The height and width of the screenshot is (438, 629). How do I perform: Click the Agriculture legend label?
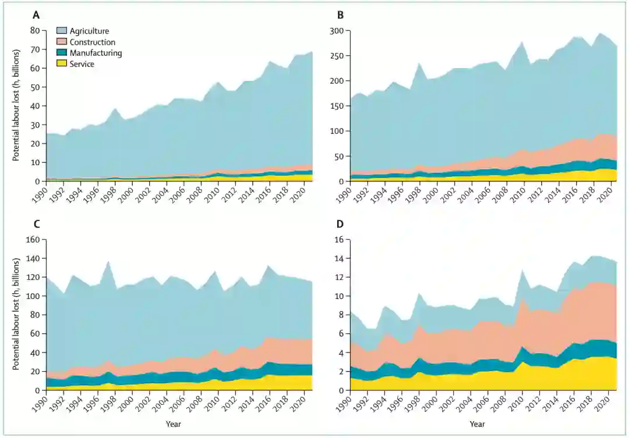click(89, 31)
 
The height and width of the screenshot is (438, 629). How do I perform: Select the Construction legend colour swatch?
click(62, 42)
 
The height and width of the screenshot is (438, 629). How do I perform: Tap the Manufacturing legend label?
click(96, 53)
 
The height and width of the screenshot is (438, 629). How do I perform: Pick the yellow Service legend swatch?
click(62, 64)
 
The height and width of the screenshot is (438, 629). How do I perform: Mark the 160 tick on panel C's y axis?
click(32, 240)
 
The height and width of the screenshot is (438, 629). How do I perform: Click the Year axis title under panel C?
click(173, 424)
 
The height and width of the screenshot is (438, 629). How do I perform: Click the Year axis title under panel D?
click(477, 424)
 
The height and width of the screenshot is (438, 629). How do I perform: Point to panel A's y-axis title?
click(16, 105)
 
